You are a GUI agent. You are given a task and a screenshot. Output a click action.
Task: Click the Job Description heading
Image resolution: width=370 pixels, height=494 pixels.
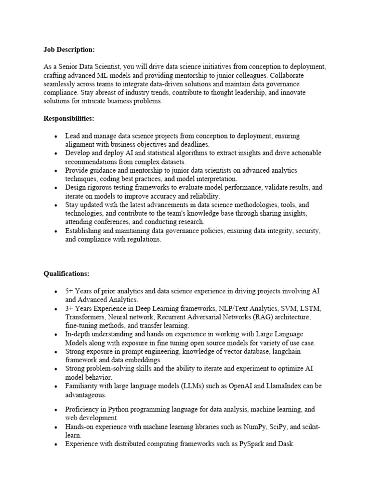(69, 49)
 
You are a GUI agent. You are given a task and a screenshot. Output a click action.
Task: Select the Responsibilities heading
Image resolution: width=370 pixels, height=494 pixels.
(69, 118)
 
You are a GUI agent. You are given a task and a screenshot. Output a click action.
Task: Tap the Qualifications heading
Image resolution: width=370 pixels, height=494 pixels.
(66, 274)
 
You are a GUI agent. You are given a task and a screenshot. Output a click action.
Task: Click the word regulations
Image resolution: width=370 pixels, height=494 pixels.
(143, 240)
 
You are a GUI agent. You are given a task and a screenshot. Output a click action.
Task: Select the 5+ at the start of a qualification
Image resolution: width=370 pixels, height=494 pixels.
(70, 292)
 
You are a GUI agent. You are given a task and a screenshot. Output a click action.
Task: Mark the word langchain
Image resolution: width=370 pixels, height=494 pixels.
(283, 352)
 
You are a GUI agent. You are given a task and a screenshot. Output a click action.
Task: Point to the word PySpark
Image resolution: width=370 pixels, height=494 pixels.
(252, 444)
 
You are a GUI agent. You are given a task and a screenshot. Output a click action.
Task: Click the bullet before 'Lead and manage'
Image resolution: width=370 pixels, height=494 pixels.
(57, 137)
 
